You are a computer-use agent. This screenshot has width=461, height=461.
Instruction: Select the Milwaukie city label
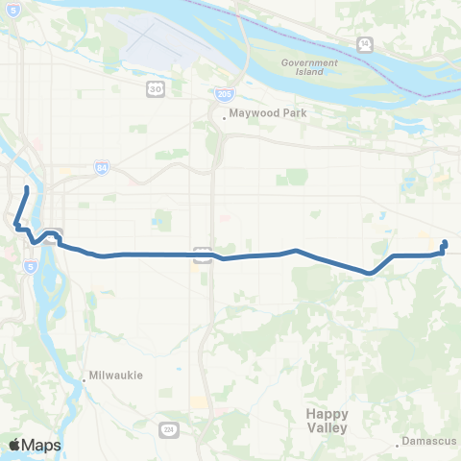(116, 376)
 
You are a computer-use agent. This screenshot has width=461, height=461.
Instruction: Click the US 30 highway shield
(155, 88)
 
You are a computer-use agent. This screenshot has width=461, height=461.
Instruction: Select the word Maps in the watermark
(42, 445)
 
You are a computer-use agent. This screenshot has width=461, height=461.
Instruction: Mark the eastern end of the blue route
(445, 242)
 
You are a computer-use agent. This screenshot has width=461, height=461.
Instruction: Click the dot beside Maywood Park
(224, 118)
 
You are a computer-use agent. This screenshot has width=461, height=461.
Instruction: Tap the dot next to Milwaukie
(85, 376)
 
